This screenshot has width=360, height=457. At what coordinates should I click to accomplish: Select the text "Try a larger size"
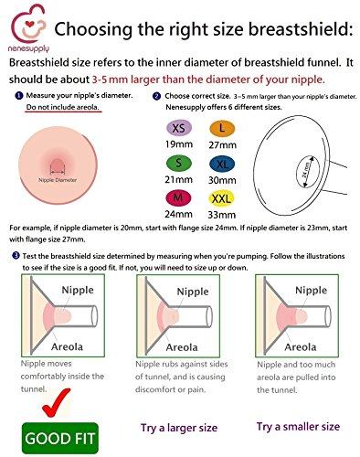179,426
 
